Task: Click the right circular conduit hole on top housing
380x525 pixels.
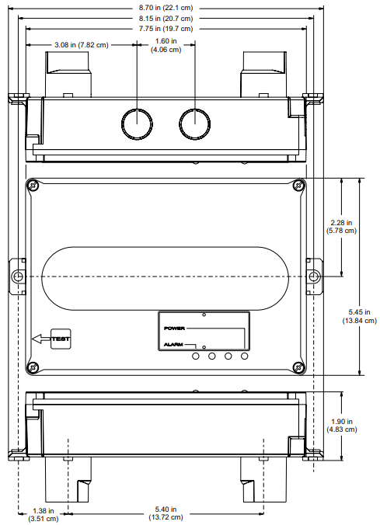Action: [194, 123]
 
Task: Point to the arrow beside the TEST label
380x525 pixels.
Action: [40, 338]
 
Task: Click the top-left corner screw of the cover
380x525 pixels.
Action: [33, 185]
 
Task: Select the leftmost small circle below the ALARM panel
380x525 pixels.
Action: [193, 356]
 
